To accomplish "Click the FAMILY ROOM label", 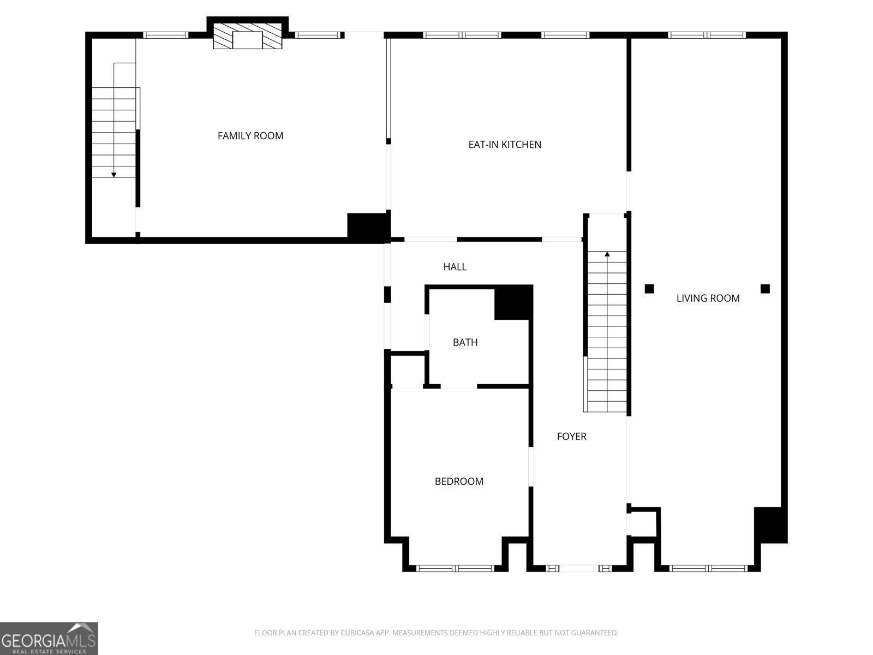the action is (x=250, y=136).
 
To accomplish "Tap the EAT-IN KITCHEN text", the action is (x=505, y=145).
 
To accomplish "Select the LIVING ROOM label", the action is (x=708, y=298).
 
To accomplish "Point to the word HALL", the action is (x=455, y=267).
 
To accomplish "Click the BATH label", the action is (x=465, y=342).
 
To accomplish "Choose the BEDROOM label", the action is (x=459, y=481).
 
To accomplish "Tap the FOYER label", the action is (x=571, y=437).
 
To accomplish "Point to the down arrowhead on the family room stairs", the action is (x=113, y=175).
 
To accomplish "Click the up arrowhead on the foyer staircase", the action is (x=607, y=254).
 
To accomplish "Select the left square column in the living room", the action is (x=649, y=289).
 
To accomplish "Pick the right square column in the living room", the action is (x=765, y=289).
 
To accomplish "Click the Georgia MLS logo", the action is (x=49, y=639).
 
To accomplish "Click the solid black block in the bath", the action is (x=513, y=303).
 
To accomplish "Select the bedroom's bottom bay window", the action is (x=455, y=569).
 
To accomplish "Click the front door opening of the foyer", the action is (x=579, y=569).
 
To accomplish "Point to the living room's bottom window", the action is (x=708, y=569).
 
